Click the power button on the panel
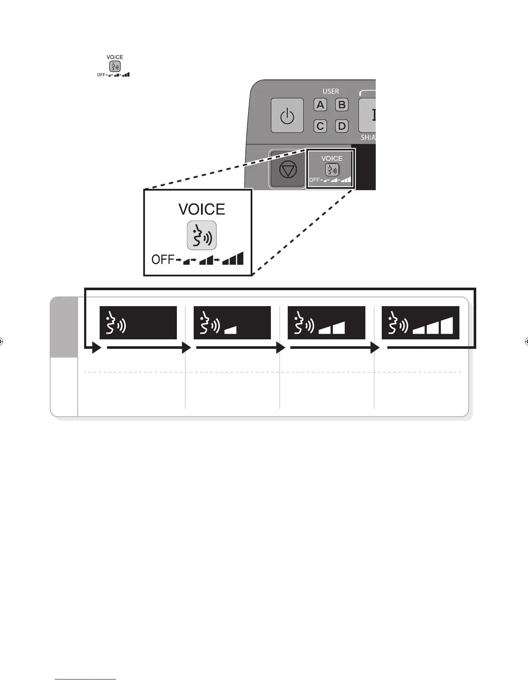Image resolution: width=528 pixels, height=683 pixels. click(287, 116)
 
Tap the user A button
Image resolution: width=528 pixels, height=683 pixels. click(320, 105)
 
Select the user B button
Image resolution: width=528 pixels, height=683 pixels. click(342, 105)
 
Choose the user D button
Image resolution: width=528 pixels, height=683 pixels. click(342, 126)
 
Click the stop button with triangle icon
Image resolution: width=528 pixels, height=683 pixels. click(288, 169)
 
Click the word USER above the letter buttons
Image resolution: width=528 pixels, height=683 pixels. click(331, 91)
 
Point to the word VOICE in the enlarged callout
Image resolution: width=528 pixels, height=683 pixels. click(201, 210)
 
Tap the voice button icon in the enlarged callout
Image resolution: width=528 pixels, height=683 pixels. click(201, 235)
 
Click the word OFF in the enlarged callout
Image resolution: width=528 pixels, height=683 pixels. click(162, 260)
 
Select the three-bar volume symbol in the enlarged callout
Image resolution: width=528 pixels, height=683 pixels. click(233, 259)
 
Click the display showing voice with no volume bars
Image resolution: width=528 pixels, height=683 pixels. click(138, 323)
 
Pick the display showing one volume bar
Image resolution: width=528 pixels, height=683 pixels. click(232, 323)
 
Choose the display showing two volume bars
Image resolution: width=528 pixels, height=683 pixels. click(326, 323)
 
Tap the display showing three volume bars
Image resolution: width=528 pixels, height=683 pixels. click(420, 323)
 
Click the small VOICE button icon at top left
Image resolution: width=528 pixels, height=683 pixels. click(115, 66)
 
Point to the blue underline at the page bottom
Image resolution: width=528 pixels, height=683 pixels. click(86, 679)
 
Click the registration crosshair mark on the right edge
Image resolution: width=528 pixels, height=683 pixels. click(526, 342)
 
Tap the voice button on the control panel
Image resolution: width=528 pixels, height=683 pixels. click(332, 169)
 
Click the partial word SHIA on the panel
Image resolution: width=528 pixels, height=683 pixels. click(368, 138)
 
